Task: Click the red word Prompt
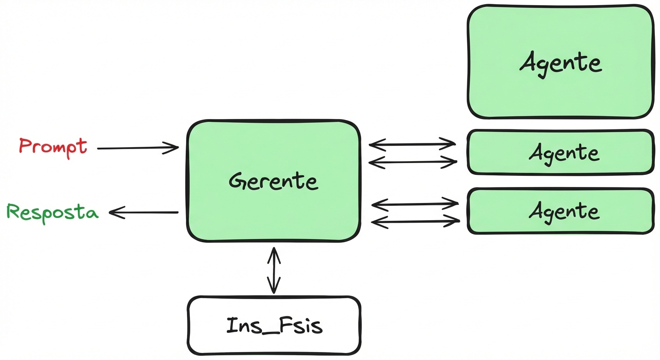pyautogui.click(x=52, y=146)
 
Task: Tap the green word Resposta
pyautogui.click(x=52, y=212)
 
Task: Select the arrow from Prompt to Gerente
pyautogui.click(x=138, y=148)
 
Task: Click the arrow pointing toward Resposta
pyautogui.click(x=143, y=213)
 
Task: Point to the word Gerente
pyautogui.click(x=274, y=181)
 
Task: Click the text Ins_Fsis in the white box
pyautogui.click(x=274, y=325)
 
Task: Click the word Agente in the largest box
pyautogui.click(x=560, y=63)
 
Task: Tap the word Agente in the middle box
pyautogui.click(x=564, y=153)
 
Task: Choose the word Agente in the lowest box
pyautogui.click(x=564, y=211)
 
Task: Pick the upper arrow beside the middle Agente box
pyautogui.click(x=412, y=143)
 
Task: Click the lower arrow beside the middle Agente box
pyautogui.click(x=412, y=162)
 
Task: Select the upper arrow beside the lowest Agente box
pyautogui.click(x=414, y=204)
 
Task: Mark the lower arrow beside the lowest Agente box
pyautogui.click(x=414, y=221)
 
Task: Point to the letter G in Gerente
pyautogui.click(x=238, y=181)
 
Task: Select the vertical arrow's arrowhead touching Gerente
pyautogui.click(x=274, y=251)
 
